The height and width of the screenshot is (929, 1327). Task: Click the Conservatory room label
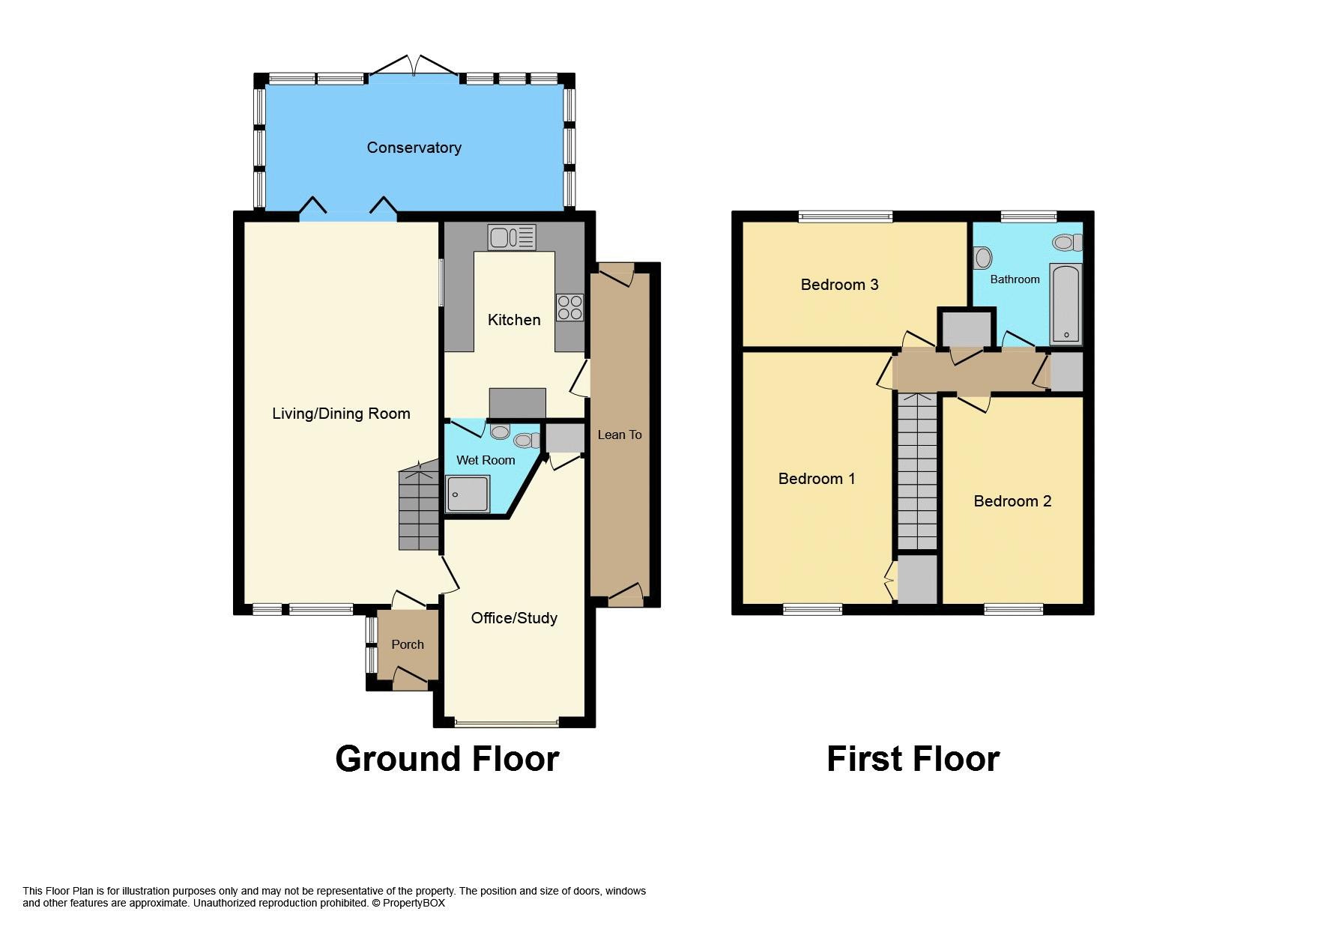click(414, 148)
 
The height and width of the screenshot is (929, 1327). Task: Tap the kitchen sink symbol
click(511, 237)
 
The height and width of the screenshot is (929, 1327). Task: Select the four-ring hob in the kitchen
click(569, 308)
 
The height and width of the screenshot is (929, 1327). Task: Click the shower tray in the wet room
click(468, 494)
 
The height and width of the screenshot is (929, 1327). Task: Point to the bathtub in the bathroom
click(1065, 303)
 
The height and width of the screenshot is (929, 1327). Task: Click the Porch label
click(408, 644)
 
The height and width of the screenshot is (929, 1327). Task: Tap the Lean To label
click(620, 435)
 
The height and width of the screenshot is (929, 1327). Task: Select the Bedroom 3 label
click(839, 285)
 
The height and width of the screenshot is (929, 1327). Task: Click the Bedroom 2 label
click(1012, 501)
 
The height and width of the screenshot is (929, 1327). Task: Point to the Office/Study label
click(514, 618)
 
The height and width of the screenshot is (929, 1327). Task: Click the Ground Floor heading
click(447, 759)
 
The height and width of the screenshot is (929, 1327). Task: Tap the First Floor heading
click(913, 759)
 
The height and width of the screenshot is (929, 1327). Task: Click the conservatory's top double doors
click(413, 67)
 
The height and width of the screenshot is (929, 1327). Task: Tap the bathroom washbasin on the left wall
click(982, 258)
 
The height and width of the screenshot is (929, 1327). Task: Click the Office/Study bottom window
click(507, 724)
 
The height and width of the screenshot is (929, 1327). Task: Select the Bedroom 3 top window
click(845, 217)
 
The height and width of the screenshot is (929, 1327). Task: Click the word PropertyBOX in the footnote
click(414, 904)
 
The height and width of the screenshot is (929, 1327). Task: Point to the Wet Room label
click(486, 460)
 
